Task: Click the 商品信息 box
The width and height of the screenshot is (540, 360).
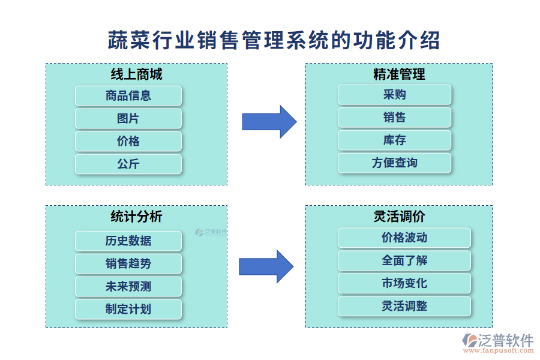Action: [128, 96]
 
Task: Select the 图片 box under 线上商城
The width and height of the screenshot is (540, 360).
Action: [128, 119]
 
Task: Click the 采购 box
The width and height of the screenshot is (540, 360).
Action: [394, 95]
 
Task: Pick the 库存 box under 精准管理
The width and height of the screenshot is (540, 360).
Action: [394, 140]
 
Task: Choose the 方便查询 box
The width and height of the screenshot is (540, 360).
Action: [394, 163]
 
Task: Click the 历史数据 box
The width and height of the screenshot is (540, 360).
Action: [128, 241]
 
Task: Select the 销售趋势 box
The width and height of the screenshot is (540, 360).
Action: [128, 264]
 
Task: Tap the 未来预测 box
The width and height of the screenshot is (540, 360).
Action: [128, 287]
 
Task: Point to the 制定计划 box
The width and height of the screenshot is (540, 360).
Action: [128, 310]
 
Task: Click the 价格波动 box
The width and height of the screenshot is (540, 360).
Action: [404, 238]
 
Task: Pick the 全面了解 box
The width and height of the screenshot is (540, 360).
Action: [404, 260]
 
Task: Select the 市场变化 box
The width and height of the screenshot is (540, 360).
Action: [404, 283]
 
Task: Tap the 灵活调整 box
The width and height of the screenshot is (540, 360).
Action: [404, 306]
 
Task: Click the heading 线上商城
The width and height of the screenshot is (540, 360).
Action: [136, 74]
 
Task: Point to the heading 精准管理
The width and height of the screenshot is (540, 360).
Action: [399, 74]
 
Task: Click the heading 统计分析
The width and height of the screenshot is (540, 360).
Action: [136, 217]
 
